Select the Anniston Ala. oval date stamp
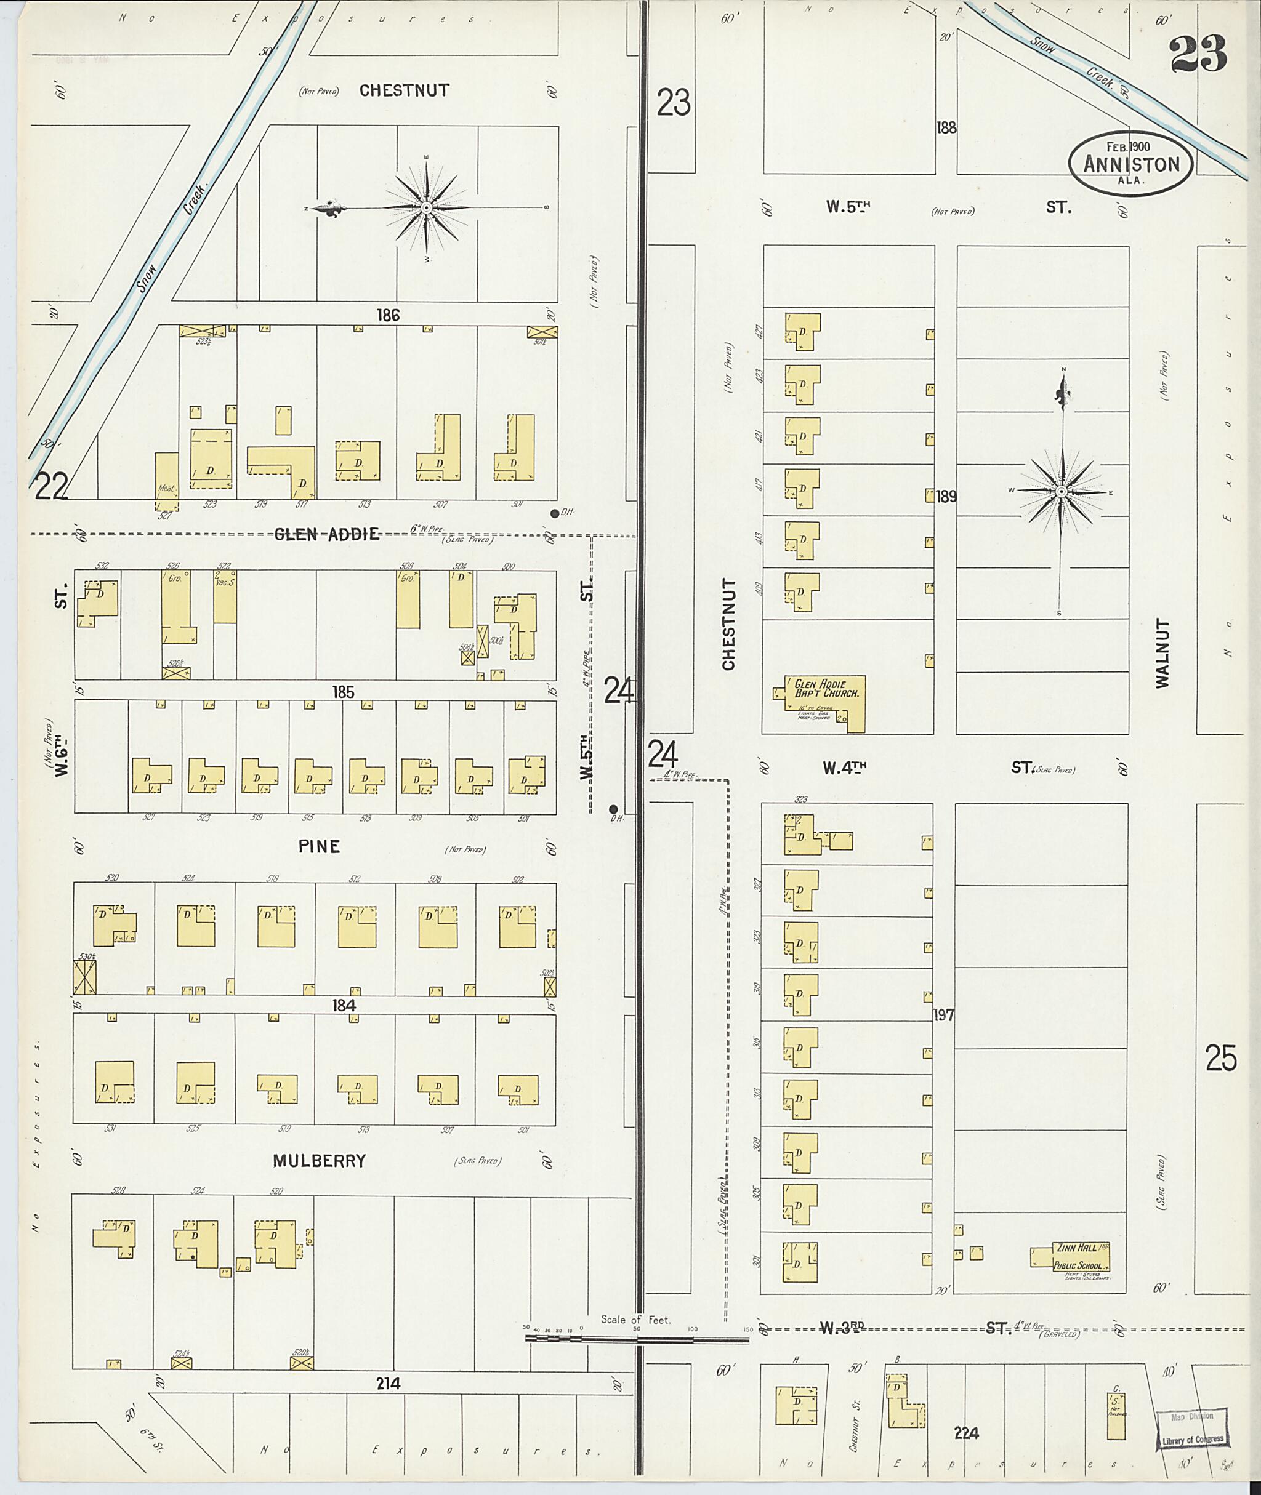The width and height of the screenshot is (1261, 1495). point(1130,163)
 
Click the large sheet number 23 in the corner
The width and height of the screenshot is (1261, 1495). point(1198,54)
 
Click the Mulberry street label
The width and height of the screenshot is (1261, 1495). point(319,1161)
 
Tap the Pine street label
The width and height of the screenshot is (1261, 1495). point(319,847)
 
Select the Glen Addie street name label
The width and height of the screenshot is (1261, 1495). point(327,534)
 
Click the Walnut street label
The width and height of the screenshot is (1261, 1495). point(1163,654)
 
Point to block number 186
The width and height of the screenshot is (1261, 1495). point(388,315)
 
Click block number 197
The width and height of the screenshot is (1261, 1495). point(944,1015)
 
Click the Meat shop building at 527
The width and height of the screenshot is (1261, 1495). point(167,483)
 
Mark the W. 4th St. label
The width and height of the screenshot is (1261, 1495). point(844,768)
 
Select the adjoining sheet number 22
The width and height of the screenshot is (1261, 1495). point(52,487)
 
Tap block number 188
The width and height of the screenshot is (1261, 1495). point(946,128)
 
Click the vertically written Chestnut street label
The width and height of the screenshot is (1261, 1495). point(728,624)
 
